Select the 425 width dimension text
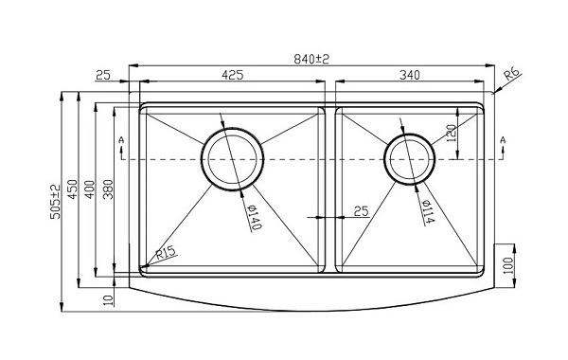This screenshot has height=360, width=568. pyautogui.click(x=229, y=74)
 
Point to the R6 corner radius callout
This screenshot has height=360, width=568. pyautogui.click(x=512, y=75)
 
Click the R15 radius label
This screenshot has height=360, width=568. pyautogui.click(x=167, y=253)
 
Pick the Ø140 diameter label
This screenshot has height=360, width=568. pyautogui.click(x=254, y=218)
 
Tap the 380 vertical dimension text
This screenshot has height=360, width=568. pyautogui.click(x=108, y=192)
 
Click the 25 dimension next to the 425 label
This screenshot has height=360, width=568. pyautogui.click(x=103, y=74)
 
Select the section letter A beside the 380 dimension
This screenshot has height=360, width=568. pyautogui.click(x=121, y=141)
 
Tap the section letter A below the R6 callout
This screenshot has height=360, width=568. pyautogui.click(x=502, y=141)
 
